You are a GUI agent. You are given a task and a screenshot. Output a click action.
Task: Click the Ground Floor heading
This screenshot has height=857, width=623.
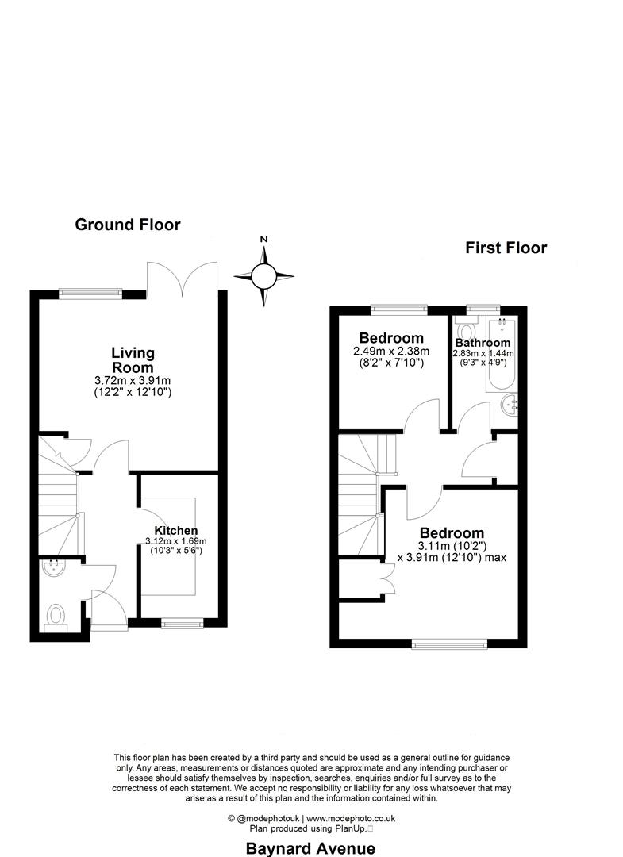click(x=127, y=225)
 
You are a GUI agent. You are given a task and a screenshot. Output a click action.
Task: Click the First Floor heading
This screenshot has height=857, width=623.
click(x=506, y=248)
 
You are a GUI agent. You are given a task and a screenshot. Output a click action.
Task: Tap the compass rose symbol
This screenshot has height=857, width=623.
click(x=263, y=276)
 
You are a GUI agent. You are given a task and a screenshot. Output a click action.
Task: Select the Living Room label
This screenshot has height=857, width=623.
click(x=133, y=359)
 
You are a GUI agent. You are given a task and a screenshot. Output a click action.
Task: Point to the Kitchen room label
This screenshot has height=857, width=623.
click(x=175, y=531)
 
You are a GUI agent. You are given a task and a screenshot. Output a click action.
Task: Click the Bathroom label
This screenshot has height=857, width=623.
click(x=483, y=343)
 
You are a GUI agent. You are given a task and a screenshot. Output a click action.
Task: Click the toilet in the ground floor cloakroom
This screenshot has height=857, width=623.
click(x=56, y=616)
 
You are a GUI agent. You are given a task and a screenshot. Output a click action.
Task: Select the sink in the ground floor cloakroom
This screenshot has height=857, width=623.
click(x=56, y=567)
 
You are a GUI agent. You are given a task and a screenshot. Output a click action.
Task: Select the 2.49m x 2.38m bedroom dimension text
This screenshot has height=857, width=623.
click(x=391, y=352)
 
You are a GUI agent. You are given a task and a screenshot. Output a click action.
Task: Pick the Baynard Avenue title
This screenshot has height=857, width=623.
click(x=310, y=848)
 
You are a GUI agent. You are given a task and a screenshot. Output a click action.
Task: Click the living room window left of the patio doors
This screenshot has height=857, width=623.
click(x=91, y=291)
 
